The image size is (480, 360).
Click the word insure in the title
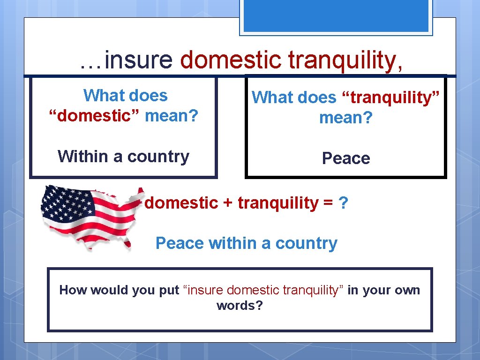point(139,60)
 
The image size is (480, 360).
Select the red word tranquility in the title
point(345,60)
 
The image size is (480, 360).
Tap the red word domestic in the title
point(231,60)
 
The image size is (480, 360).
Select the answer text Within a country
point(123,156)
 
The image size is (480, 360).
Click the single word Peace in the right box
point(346,158)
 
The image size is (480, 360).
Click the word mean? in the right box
point(345,118)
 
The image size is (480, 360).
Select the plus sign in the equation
point(228,203)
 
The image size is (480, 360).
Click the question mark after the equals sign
point(343,203)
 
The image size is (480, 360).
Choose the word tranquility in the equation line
point(278,203)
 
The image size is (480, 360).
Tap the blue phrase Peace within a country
point(246,243)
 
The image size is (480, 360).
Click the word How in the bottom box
point(73,290)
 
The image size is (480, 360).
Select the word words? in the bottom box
point(240,306)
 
